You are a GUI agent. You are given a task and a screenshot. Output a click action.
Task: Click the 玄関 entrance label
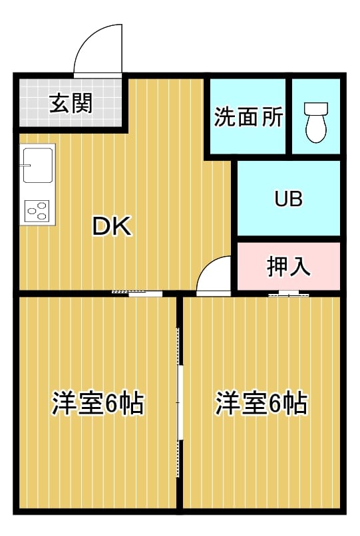[71, 103]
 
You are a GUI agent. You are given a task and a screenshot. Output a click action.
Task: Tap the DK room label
[112, 226]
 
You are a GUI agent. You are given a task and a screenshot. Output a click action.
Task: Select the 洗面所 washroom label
[248, 116]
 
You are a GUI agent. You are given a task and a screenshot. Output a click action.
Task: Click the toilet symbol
[316, 122]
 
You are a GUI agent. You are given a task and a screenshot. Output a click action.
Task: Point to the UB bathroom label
[289, 199]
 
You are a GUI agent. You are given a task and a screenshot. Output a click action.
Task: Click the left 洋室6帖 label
[98, 404]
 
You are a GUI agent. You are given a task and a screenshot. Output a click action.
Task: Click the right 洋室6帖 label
[262, 404]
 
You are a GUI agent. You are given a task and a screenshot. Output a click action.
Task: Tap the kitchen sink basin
[38, 166]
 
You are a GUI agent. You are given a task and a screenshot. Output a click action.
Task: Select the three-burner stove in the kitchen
[37, 211]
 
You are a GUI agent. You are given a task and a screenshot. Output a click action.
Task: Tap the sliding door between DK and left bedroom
[137, 293]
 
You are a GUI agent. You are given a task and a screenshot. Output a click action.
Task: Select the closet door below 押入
[289, 294]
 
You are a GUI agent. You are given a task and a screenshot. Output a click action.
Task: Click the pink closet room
[289, 266]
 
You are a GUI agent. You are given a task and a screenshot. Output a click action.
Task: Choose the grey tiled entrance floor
[71, 102]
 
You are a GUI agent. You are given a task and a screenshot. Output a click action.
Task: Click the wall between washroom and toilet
[289, 116]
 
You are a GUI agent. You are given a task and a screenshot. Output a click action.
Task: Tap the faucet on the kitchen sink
[25, 166]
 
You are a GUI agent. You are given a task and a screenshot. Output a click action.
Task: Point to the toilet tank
[316, 108]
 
